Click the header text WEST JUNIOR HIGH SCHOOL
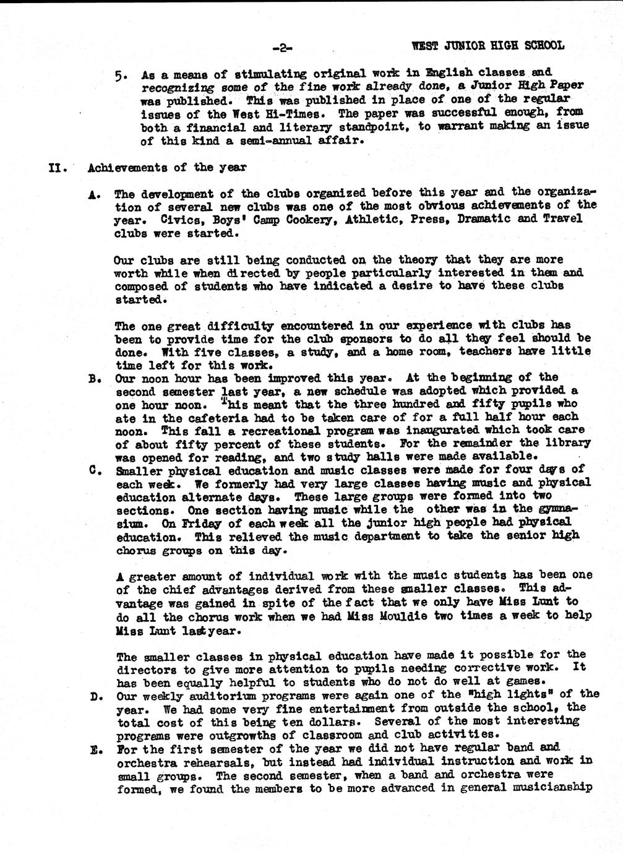pyautogui.click(x=488, y=45)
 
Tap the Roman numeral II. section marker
pyautogui.click(x=58, y=168)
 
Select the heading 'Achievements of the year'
pyautogui.click(x=167, y=167)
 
